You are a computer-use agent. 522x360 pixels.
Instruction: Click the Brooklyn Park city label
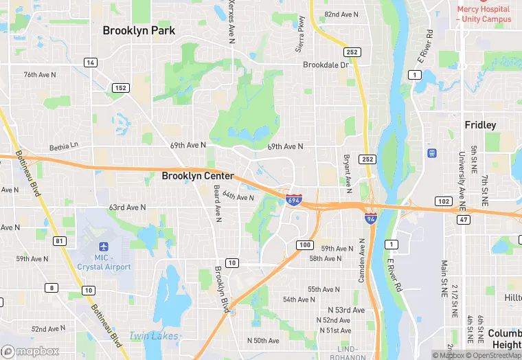(139, 30)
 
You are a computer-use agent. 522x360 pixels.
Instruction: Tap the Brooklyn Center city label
(198, 176)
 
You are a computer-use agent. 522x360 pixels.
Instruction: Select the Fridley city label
(480, 125)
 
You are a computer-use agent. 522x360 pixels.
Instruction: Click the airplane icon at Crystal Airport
(104, 247)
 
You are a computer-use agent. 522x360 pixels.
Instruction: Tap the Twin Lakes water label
(154, 336)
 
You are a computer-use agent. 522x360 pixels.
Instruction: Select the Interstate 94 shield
(370, 218)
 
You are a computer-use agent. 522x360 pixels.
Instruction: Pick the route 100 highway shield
(305, 245)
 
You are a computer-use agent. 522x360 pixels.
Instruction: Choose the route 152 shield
(120, 88)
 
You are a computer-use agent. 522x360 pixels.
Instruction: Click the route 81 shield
(60, 240)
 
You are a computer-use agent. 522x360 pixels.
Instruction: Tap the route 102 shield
(443, 201)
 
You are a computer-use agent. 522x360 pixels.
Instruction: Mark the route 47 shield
(464, 219)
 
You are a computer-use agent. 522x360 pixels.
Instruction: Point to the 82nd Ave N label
(341, 14)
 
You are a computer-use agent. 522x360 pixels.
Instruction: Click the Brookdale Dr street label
(326, 65)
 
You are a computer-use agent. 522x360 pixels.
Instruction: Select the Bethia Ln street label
(65, 147)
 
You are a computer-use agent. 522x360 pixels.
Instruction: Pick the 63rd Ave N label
(127, 207)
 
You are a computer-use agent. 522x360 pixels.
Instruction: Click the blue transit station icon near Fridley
(433, 153)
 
